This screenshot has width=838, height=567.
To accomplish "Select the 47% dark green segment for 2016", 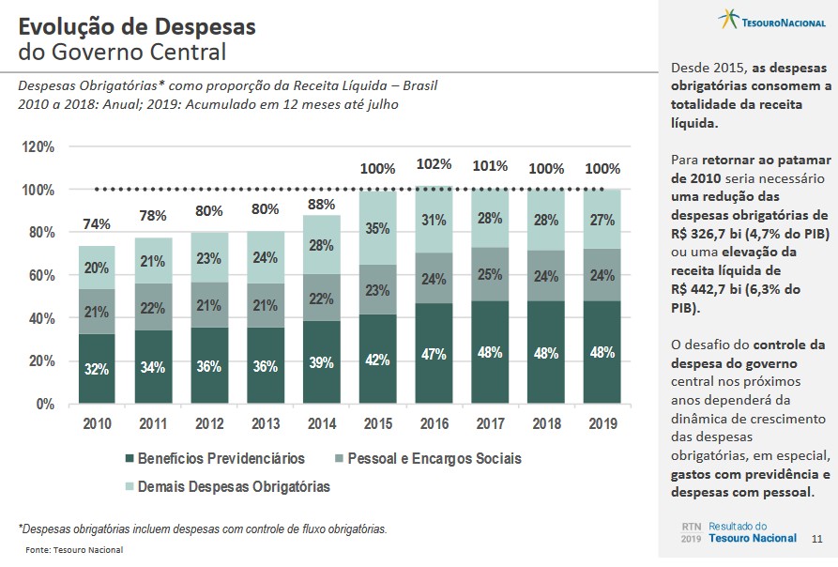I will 434,353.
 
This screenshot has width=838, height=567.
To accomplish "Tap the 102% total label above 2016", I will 434,164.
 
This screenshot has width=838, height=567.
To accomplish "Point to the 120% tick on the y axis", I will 38,147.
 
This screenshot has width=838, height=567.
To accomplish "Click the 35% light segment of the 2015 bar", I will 377,228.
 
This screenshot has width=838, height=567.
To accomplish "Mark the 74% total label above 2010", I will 97,224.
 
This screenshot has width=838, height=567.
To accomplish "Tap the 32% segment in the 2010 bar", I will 97,368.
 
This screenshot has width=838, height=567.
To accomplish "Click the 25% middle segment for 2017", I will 489,274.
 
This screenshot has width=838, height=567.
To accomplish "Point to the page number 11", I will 816,539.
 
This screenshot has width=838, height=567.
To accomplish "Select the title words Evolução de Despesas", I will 137,25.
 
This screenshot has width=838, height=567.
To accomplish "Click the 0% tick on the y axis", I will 44,404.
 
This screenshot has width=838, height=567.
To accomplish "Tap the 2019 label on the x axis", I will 602,423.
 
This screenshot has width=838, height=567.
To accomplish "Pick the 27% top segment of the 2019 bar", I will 602,221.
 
